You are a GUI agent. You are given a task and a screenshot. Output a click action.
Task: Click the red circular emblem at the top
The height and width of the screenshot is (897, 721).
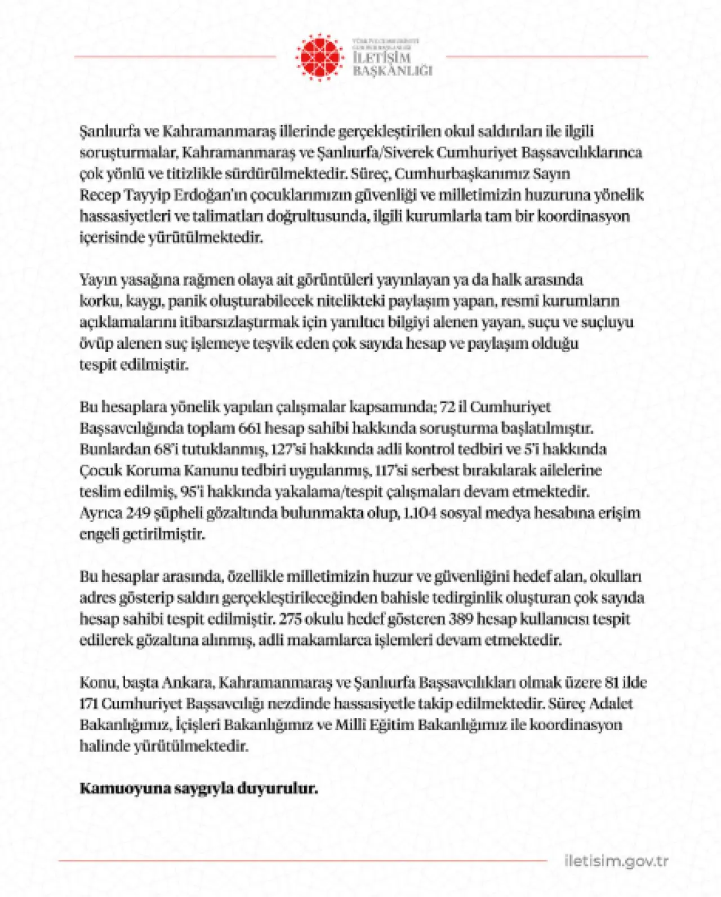(x=319, y=57)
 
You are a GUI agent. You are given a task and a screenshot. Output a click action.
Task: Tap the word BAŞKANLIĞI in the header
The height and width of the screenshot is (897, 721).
(x=393, y=71)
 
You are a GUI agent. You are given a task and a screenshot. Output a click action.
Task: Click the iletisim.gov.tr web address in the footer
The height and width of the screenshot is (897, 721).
(x=616, y=861)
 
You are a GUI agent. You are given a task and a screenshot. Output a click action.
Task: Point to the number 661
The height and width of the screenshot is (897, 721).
(x=250, y=428)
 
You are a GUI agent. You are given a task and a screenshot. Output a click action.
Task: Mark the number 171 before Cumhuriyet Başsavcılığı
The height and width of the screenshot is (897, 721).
(x=89, y=703)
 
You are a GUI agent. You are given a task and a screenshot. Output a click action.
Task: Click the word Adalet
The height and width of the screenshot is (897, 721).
(x=612, y=703)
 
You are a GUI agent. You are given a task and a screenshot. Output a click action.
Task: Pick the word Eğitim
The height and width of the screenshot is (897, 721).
(x=391, y=725)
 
